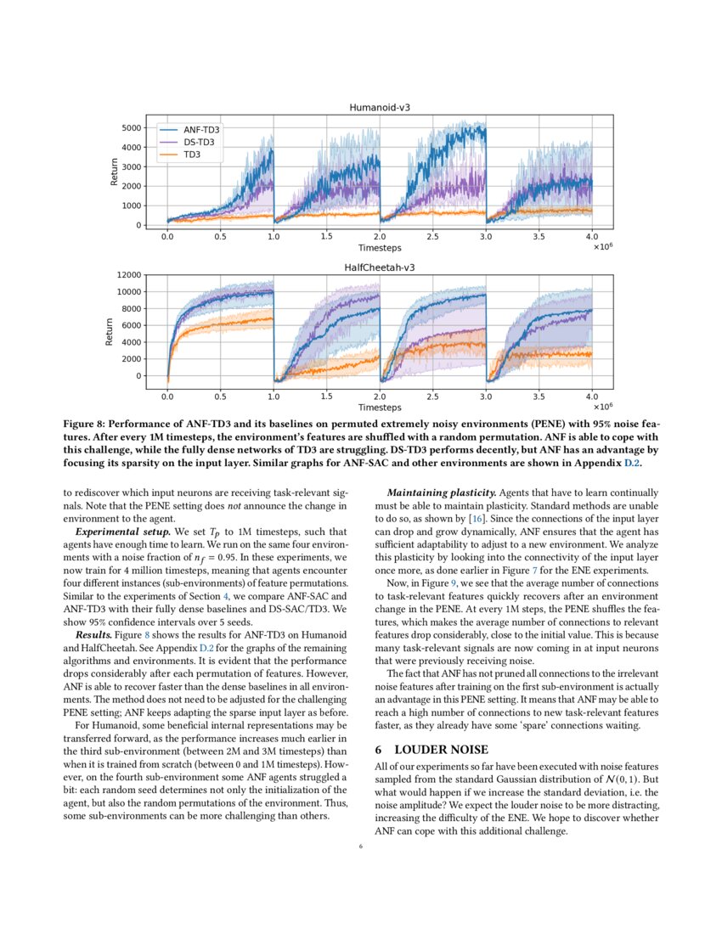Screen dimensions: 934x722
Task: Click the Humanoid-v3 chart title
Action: click(379, 108)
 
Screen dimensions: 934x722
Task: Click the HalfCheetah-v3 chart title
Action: click(379, 267)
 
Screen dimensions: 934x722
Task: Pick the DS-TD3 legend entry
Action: click(199, 143)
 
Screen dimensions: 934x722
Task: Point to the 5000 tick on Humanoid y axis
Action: click(131, 128)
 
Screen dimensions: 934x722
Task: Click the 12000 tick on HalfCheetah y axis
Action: click(127, 275)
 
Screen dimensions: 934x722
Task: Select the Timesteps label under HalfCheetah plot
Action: click(379, 408)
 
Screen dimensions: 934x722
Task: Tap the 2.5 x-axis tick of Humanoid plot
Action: click(432, 236)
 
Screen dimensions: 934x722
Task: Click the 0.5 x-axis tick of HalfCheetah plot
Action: click(220, 396)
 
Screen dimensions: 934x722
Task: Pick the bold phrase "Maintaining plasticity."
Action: click(441, 492)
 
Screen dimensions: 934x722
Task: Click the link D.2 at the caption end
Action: click(634, 464)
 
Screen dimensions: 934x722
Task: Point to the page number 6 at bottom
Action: click(361, 846)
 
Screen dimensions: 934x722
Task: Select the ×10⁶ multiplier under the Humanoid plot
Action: click(603, 247)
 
